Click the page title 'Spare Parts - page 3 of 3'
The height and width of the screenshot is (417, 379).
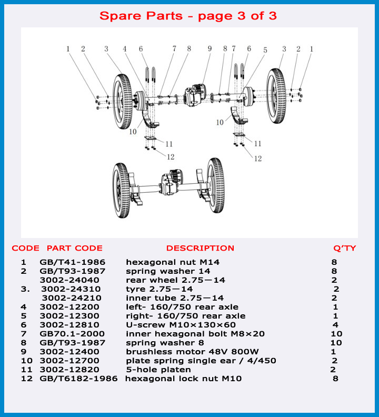(x=188, y=16)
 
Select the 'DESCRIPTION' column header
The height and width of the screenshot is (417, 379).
(x=200, y=248)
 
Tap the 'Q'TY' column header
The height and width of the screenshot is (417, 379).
(x=345, y=248)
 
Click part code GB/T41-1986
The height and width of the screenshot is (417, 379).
(x=72, y=262)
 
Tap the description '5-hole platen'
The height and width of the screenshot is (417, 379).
(x=158, y=369)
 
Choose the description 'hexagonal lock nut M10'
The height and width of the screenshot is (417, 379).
(x=183, y=378)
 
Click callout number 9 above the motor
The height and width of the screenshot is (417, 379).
(x=209, y=48)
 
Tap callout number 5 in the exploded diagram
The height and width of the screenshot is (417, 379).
(x=265, y=50)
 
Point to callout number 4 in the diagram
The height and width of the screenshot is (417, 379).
(x=125, y=48)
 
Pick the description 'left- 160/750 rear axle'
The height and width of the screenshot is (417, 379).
(x=182, y=306)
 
